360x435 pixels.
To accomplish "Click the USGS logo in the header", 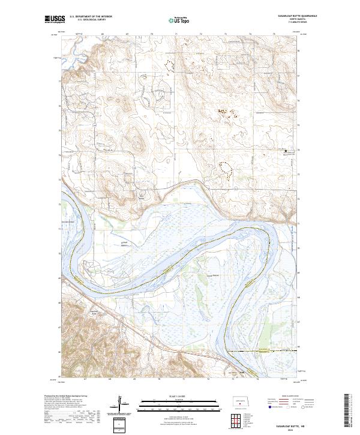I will pos(55,19).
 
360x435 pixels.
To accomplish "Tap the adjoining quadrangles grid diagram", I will pos(241,422).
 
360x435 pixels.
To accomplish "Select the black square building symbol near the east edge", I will pos(286,151).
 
